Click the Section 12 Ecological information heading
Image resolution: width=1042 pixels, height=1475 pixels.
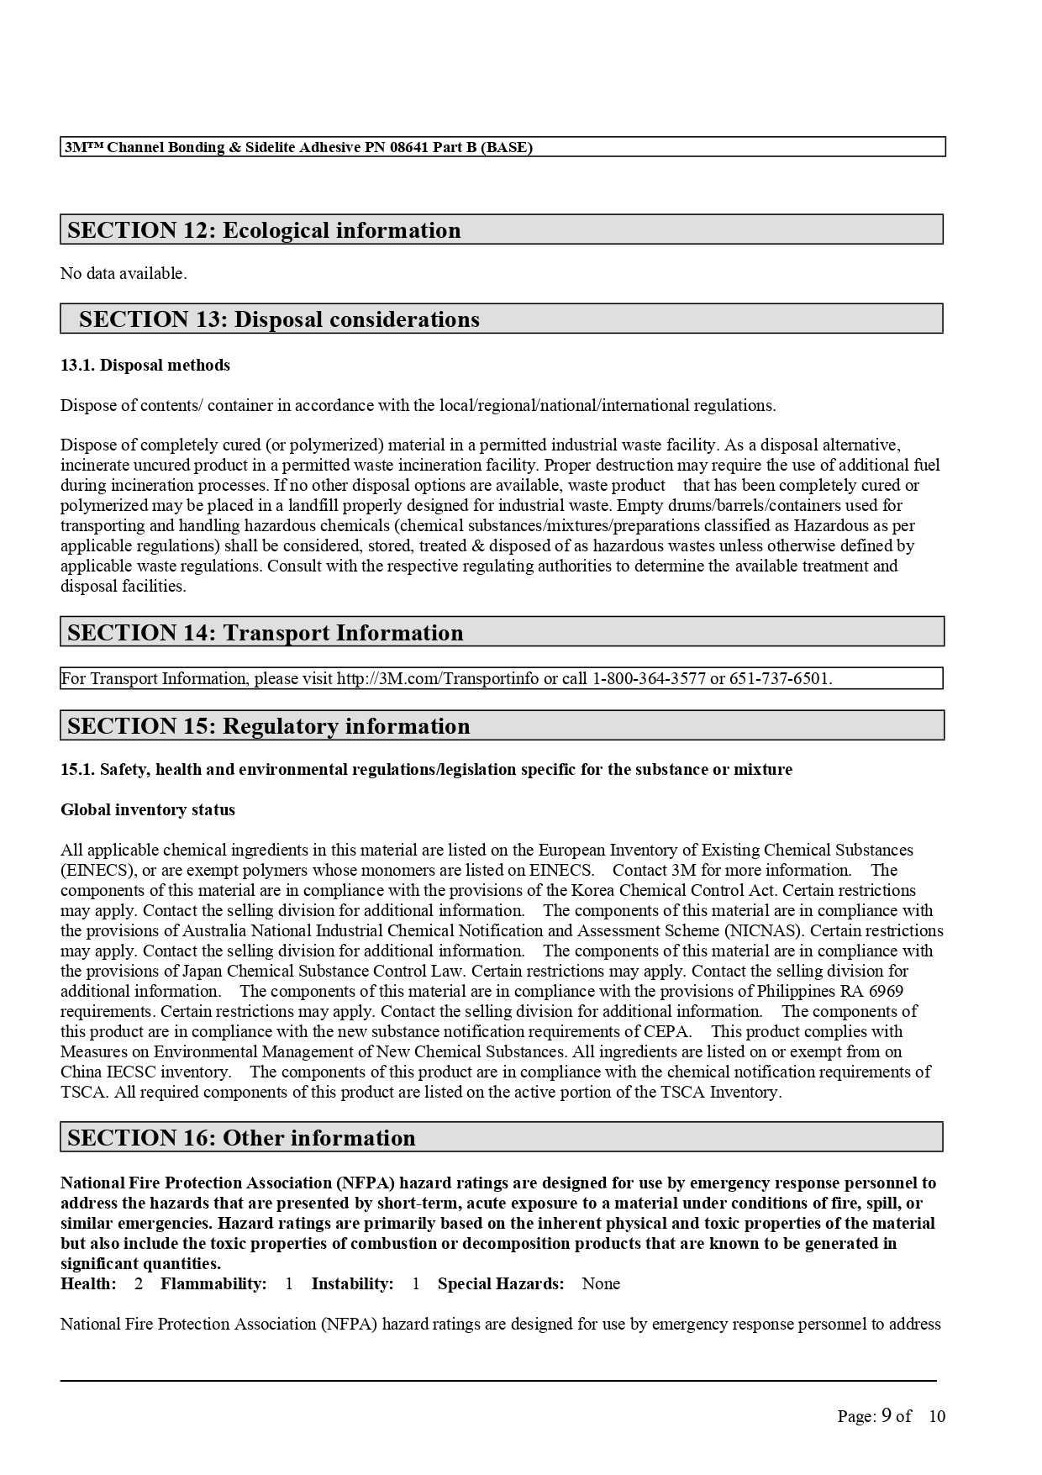264,230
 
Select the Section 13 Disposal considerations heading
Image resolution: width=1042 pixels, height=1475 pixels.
279,319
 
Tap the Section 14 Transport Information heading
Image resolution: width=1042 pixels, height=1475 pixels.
265,633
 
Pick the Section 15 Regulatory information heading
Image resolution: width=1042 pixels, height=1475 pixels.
268,726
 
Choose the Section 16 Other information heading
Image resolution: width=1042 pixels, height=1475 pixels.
241,1138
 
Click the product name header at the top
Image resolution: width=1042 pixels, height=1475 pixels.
298,147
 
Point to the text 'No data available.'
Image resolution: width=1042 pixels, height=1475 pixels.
124,273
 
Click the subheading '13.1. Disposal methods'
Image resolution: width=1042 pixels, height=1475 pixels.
145,365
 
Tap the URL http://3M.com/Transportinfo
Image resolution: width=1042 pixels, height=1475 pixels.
438,678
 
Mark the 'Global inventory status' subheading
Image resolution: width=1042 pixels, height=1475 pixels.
148,809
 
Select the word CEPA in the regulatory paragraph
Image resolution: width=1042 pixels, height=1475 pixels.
669,1031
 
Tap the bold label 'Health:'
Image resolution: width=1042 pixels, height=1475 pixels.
88,1283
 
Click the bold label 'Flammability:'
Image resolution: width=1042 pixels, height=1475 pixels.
213,1283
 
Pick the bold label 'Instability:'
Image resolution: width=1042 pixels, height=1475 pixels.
352,1283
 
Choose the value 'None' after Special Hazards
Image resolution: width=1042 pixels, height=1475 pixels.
601,1283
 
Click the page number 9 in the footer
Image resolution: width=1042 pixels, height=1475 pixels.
887,1415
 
